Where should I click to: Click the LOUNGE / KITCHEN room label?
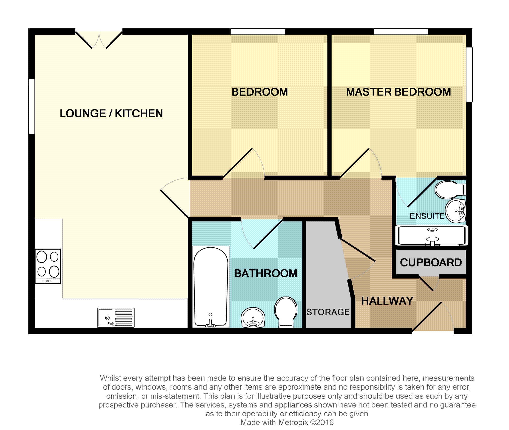click(x=111, y=113)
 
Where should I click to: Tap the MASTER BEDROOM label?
click(x=398, y=92)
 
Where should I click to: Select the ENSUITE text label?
click(x=427, y=216)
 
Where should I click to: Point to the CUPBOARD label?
click(x=431, y=262)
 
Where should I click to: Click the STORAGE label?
click(x=328, y=312)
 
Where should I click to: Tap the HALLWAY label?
click(x=387, y=301)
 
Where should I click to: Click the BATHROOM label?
click(x=266, y=273)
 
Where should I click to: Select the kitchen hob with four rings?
click(x=48, y=266)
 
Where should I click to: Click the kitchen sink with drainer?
click(x=116, y=318)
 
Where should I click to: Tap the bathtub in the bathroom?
click(x=211, y=287)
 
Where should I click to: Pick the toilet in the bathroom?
click(x=286, y=312)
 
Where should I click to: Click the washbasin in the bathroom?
click(x=253, y=318)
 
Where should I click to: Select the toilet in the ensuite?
click(x=450, y=190)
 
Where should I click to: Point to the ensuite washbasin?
click(x=455, y=211)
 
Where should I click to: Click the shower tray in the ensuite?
click(x=432, y=235)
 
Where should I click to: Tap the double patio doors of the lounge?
click(x=99, y=40)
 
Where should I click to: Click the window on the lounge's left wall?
click(x=32, y=106)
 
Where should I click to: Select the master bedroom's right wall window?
click(x=469, y=74)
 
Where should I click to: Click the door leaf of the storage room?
click(x=358, y=250)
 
